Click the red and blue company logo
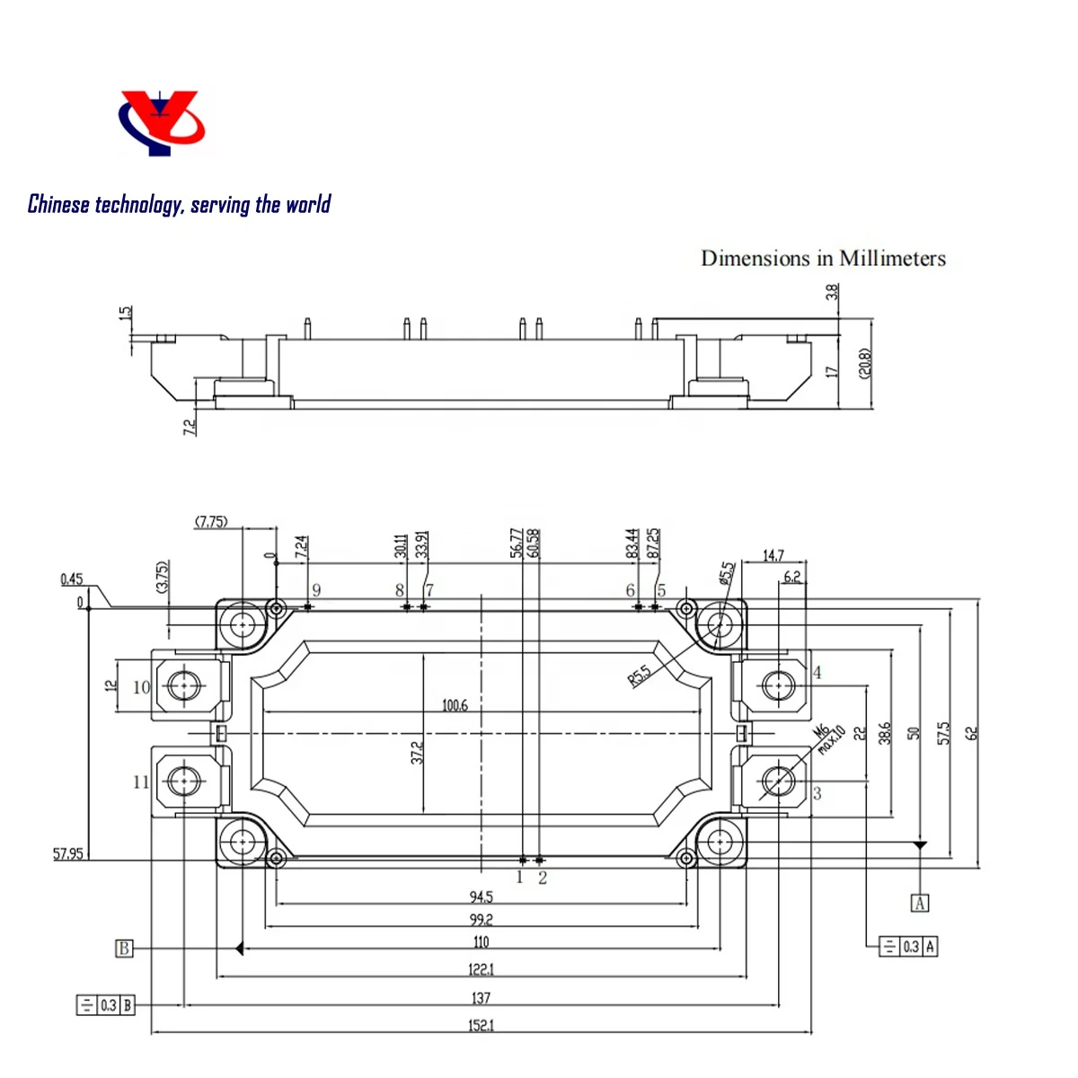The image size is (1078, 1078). [162, 122]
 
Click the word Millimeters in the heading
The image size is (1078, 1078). [892, 259]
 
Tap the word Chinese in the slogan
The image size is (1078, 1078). [58, 204]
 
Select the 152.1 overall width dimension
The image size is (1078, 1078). [481, 1025]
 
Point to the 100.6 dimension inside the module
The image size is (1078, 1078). [455, 705]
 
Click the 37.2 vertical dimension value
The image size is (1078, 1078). [417, 753]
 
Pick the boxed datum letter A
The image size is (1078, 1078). [920, 903]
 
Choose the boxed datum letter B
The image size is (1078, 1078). [124, 948]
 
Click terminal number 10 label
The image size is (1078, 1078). [141, 687]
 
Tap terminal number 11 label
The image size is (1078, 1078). [141, 782]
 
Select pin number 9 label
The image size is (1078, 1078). [316, 590]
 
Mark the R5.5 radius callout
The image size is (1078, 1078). [639, 676]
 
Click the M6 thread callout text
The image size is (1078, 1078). [821, 730]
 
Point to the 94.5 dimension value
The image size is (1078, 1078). [481, 897]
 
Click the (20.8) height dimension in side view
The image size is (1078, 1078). [865, 364]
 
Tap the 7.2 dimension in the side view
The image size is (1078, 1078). [190, 428]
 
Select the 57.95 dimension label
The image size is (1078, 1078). [67, 853]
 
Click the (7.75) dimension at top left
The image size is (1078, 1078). [211, 521]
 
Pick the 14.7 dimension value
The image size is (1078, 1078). [773, 555]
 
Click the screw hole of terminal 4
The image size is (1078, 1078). [778, 685]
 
